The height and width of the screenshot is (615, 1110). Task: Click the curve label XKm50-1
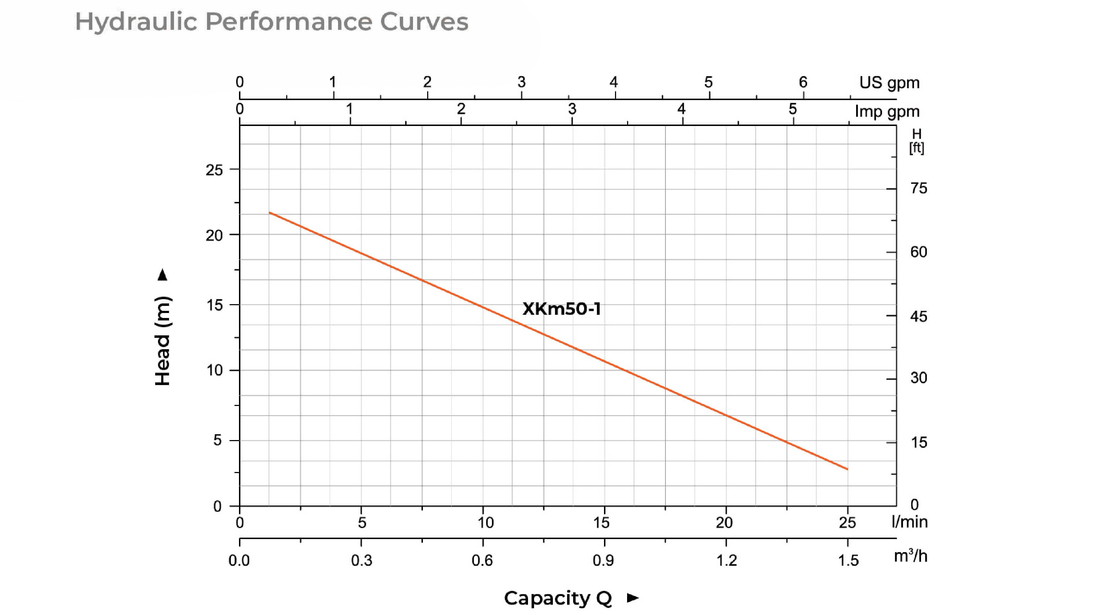(561, 309)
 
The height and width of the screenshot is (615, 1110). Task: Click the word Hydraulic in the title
(136, 22)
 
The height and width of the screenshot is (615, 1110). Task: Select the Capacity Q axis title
(557, 598)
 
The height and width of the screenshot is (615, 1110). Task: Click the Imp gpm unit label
(887, 111)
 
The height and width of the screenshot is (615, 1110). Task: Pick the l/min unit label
(909, 522)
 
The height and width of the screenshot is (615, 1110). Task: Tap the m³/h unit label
(910, 556)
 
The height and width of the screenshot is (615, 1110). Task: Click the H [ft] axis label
(916, 141)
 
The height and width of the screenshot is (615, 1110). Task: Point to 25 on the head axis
(214, 170)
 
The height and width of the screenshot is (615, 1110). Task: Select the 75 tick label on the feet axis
(919, 188)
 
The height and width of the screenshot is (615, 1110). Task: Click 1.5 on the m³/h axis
(848, 560)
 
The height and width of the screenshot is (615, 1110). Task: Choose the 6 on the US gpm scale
(803, 82)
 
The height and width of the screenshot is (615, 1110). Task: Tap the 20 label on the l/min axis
(724, 522)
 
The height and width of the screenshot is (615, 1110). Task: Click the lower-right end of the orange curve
(847, 469)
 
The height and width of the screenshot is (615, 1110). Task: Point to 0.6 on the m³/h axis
(482, 560)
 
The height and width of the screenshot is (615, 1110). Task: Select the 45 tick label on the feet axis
(919, 317)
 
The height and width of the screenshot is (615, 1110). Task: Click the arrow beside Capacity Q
(632, 598)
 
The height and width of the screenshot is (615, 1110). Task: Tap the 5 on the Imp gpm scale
(793, 109)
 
